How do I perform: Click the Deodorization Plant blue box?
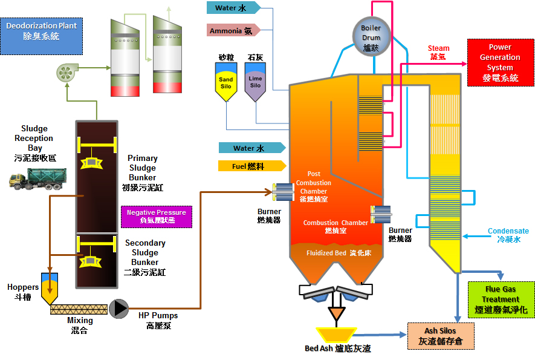point(42,31)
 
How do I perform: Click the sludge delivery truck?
point(37,178)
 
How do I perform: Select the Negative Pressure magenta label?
point(156,217)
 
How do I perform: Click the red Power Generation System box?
point(500,63)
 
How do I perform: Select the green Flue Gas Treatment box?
point(501,299)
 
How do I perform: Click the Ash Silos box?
point(440,336)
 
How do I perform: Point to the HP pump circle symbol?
point(120,309)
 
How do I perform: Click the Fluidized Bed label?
point(339,254)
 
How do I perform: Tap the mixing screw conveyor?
point(79,309)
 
